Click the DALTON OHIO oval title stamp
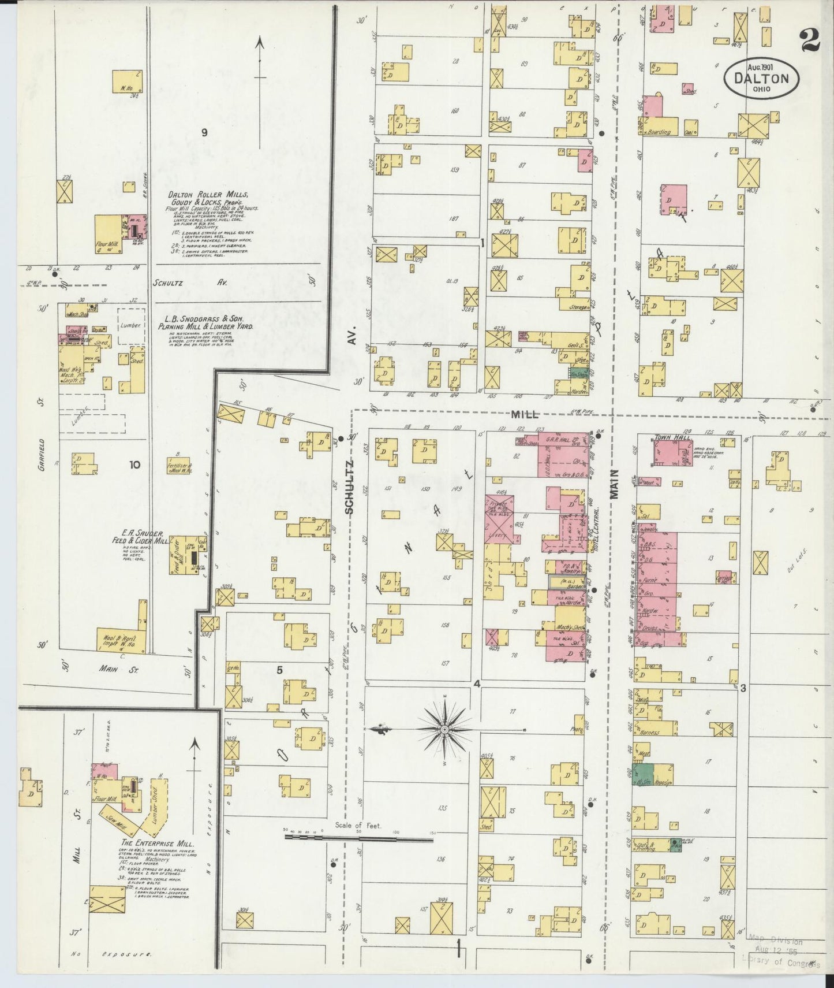[x=762, y=76]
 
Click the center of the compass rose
[x=445, y=730]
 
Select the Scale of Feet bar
[x=358, y=837]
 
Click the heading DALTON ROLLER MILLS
[x=208, y=195]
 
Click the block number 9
[x=204, y=132]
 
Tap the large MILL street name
[x=524, y=414]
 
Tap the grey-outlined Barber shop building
[x=567, y=583]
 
